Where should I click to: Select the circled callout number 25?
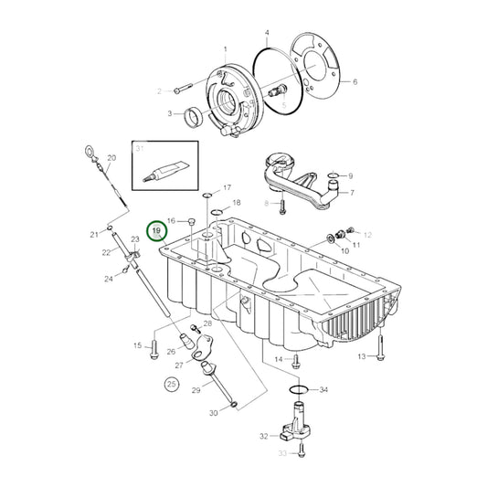[171, 385]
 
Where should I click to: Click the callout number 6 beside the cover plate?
[355, 82]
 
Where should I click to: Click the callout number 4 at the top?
[267, 32]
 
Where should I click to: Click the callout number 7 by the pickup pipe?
[352, 193]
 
